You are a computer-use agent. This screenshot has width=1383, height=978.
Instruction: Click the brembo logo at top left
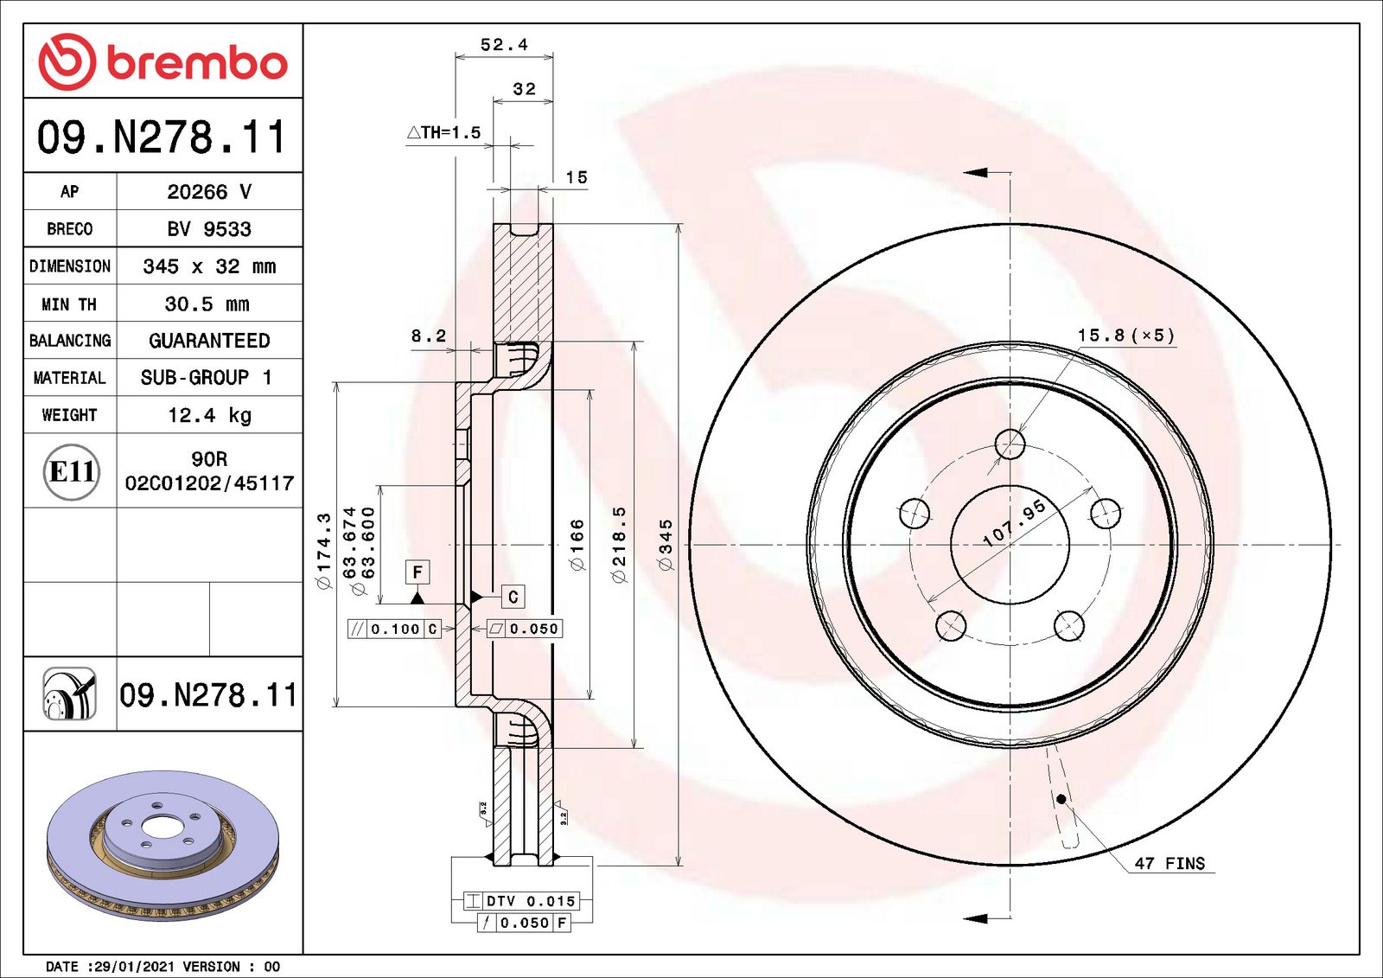pyautogui.click(x=163, y=61)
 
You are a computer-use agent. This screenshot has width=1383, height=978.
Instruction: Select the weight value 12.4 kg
pyautogui.click(x=210, y=415)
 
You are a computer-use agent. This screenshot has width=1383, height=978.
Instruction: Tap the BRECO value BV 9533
pyautogui.click(x=209, y=229)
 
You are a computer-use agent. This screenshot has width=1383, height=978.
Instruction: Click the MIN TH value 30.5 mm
pyautogui.click(x=207, y=304)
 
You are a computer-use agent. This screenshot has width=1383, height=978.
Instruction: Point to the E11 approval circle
pyautogui.click(x=72, y=472)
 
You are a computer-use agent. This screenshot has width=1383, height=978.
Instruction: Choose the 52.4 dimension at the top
pyautogui.click(x=505, y=45)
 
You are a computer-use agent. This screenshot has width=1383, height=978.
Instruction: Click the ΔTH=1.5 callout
pyautogui.click(x=443, y=132)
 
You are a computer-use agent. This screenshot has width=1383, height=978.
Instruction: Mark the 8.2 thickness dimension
pyautogui.click(x=429, y=336)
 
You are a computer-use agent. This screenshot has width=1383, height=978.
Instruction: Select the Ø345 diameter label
pyautogui.click(x=666, y=545)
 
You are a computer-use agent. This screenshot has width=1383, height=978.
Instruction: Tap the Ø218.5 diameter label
pyautogui.click(x=619, y=545)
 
